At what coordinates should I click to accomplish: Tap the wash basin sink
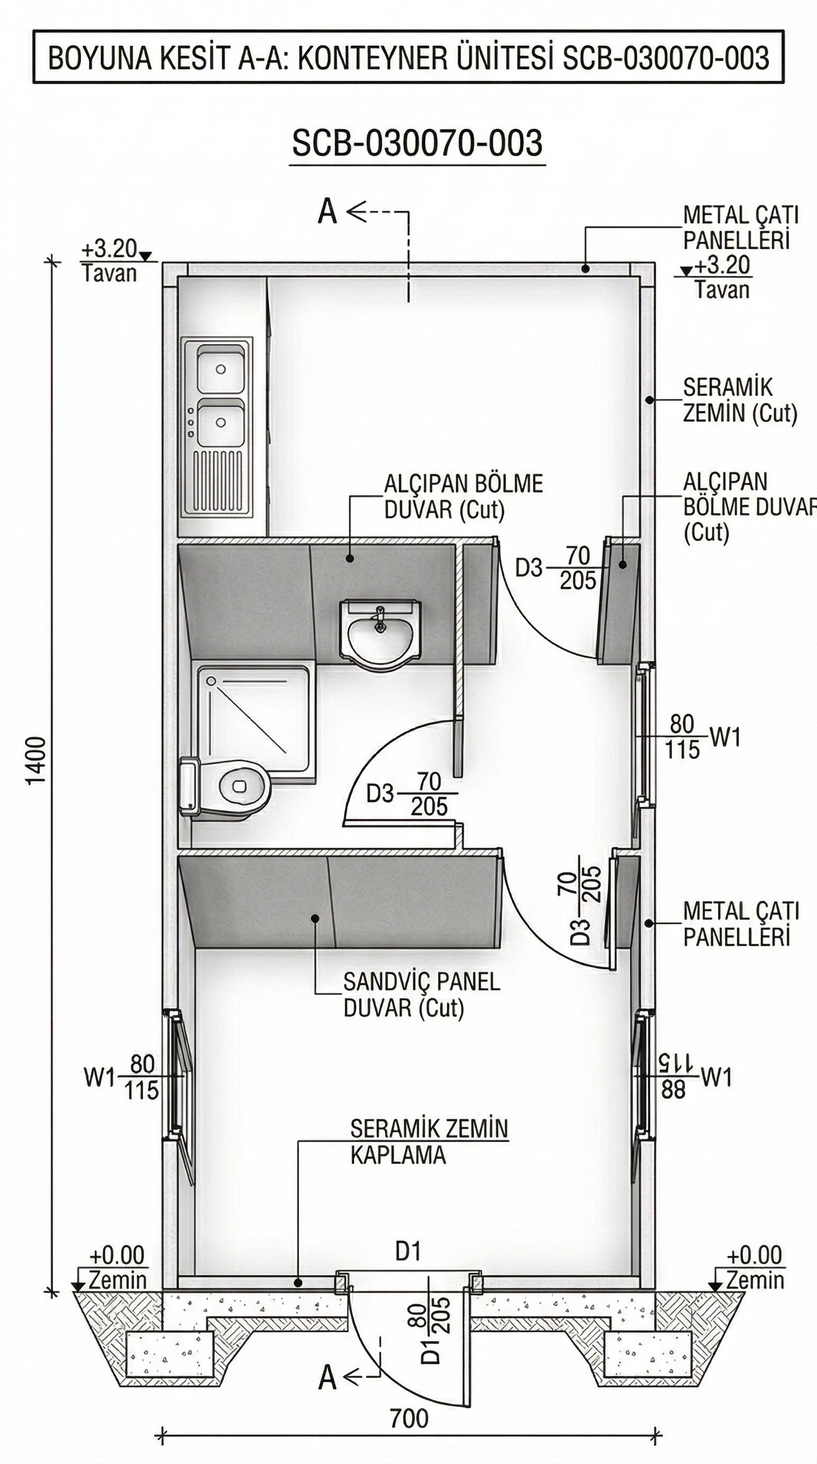380,631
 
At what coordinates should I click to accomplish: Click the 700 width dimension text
408,1419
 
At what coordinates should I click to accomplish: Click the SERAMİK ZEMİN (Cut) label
739,400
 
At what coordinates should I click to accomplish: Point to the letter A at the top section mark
328,212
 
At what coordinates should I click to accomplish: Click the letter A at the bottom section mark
328,1378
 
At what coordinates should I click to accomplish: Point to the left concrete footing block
169,1353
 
